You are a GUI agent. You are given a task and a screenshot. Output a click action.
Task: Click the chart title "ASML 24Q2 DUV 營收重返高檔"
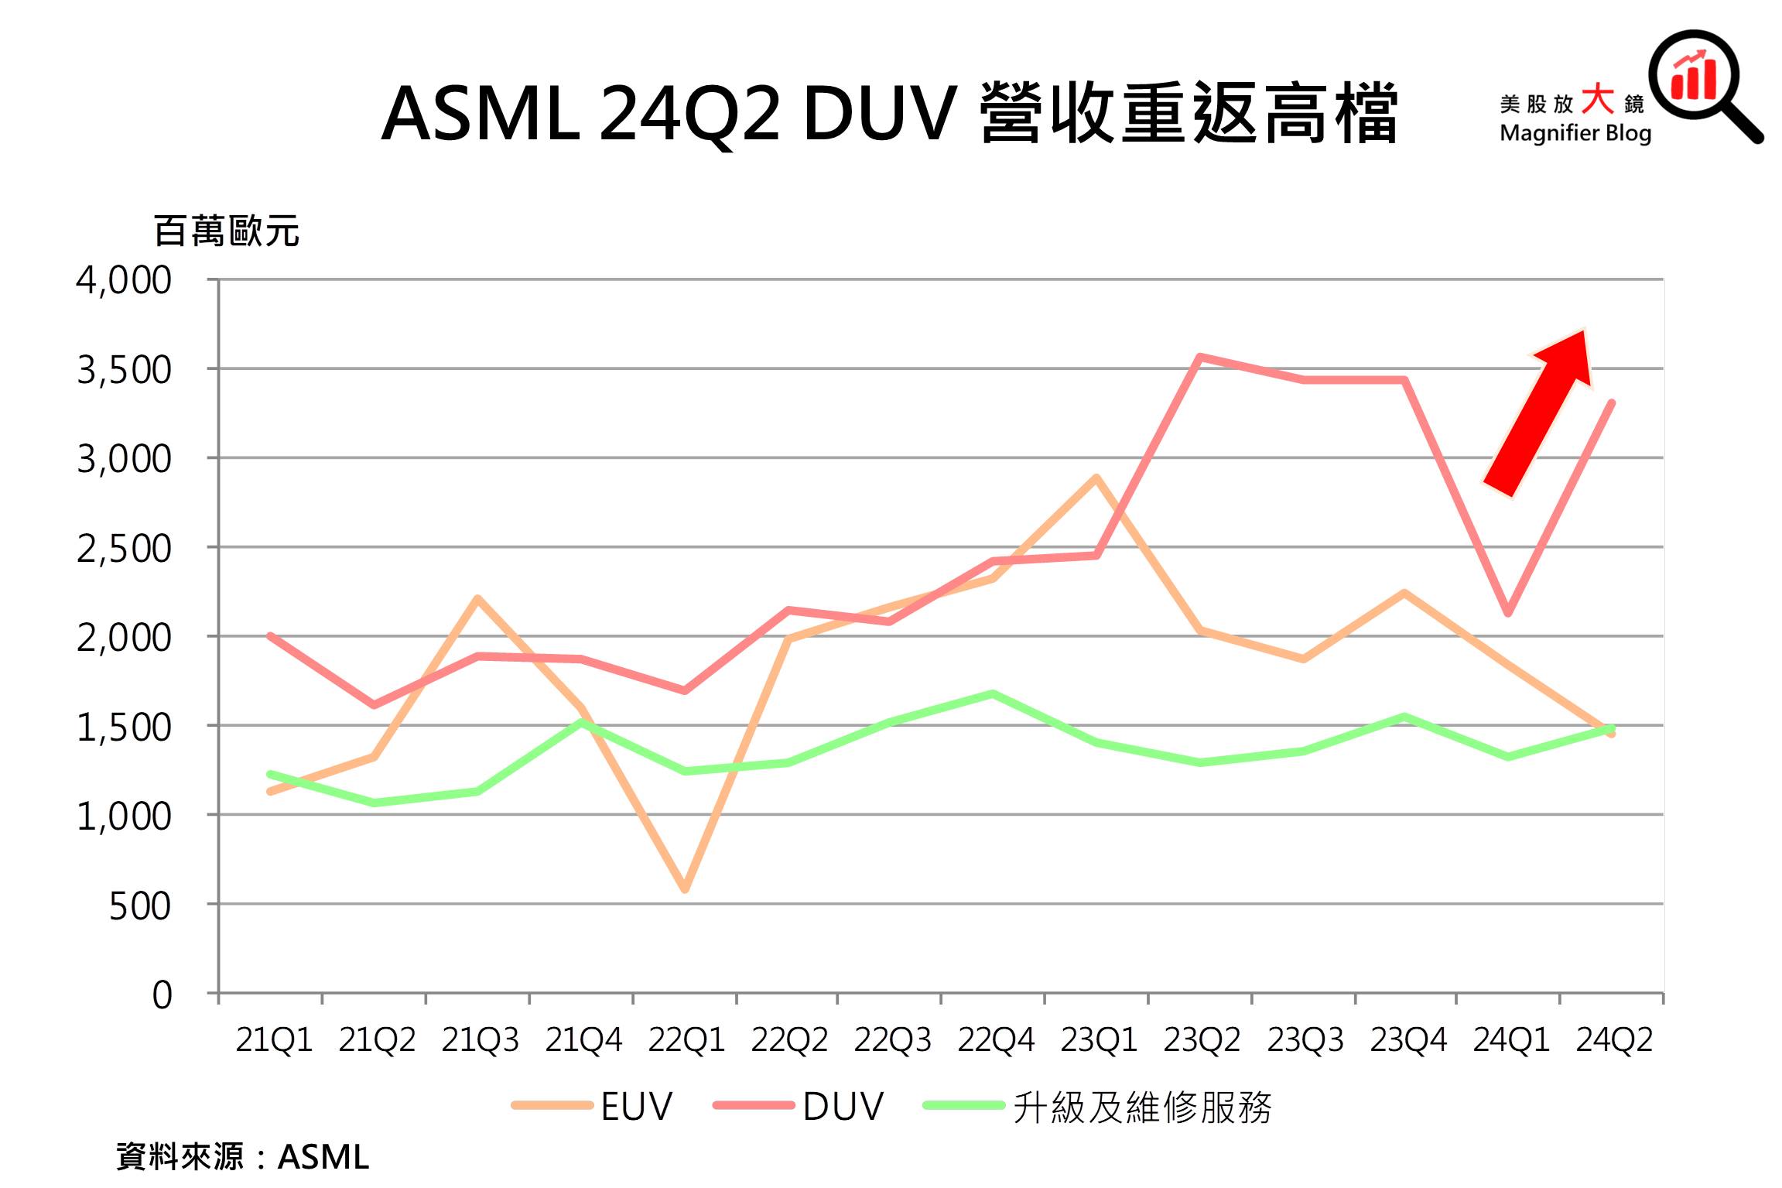coord(890,115)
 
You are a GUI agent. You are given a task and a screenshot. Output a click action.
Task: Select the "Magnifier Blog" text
coord(1575,133)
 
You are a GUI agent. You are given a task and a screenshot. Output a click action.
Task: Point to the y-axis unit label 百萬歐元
coord(226,231)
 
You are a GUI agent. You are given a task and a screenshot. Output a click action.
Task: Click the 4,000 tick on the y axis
coord(124,280)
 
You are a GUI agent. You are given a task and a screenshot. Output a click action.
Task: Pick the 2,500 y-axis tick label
coord(124,549)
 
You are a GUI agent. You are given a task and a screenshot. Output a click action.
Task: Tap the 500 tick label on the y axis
coord(140,906)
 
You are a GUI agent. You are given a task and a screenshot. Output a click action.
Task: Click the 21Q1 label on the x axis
coord(274,1039)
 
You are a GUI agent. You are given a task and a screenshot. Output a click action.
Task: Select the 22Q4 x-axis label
coord(996,1039)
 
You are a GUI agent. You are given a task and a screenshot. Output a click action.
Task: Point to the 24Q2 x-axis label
coord(1614,1039)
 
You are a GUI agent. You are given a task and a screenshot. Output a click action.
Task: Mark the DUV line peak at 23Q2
coord(1199,357)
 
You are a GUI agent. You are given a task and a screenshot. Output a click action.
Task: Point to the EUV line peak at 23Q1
coord(1096,478)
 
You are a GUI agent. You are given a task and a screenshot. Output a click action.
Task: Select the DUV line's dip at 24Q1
coord(1508,613)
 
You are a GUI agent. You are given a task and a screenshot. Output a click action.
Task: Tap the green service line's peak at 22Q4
coord(993,693)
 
